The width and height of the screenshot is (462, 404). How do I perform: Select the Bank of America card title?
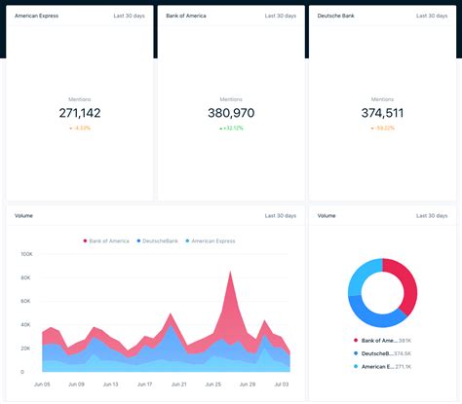coord(186,17)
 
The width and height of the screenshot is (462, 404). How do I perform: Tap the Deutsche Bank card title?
coord(334,17)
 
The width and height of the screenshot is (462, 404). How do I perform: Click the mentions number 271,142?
coord(80,113)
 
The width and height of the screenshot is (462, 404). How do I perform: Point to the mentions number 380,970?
coord(231,113)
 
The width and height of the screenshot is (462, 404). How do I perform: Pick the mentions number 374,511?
coord(382,113)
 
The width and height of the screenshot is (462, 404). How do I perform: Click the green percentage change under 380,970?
coord(232,128)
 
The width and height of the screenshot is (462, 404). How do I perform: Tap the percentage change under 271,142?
coord(80,128)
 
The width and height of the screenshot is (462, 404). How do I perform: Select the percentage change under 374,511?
coord(382,128)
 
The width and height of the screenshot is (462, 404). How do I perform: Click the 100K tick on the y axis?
coord(26,254)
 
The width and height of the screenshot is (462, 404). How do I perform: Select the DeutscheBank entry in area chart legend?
coord(161,240)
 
